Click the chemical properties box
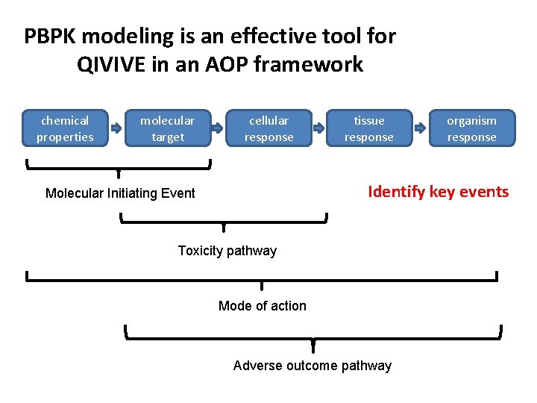click(65, 128)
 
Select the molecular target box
click(168, 128)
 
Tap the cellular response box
click(268, 128)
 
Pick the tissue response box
click(369, 128)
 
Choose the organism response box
click(471, 128)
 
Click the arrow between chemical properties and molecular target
click(116, 128)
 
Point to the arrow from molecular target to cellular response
click(218, 128)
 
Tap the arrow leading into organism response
click(421, 128)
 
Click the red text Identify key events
click(439, 192)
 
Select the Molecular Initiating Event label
click(120, 193)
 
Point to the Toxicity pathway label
click(227, 251)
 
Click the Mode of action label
click(262, 306)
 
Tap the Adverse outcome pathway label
click(312, 366)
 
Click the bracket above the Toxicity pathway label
click(224, 221)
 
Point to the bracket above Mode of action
click(262, 279)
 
